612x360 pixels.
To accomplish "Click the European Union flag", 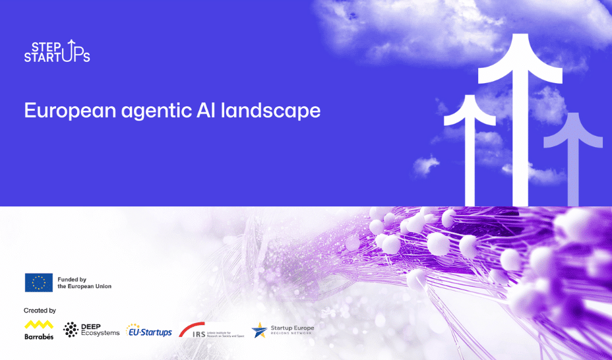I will (39, 283).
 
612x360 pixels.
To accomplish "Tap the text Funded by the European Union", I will (84, 283).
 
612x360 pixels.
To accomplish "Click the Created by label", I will (40, 310).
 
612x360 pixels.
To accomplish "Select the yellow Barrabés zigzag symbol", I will (39, 324).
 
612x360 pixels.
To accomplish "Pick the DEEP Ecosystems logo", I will (92, 330).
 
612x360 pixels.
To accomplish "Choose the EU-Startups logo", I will (149, 330).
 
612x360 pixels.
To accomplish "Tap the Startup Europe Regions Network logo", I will (283, 330).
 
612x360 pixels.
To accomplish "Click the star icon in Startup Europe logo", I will (259, 330).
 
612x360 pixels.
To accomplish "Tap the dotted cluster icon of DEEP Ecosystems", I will (71, 330).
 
